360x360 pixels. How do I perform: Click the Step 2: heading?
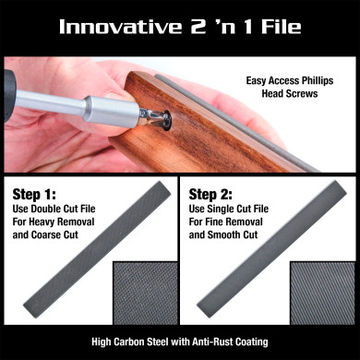point(211,196)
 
